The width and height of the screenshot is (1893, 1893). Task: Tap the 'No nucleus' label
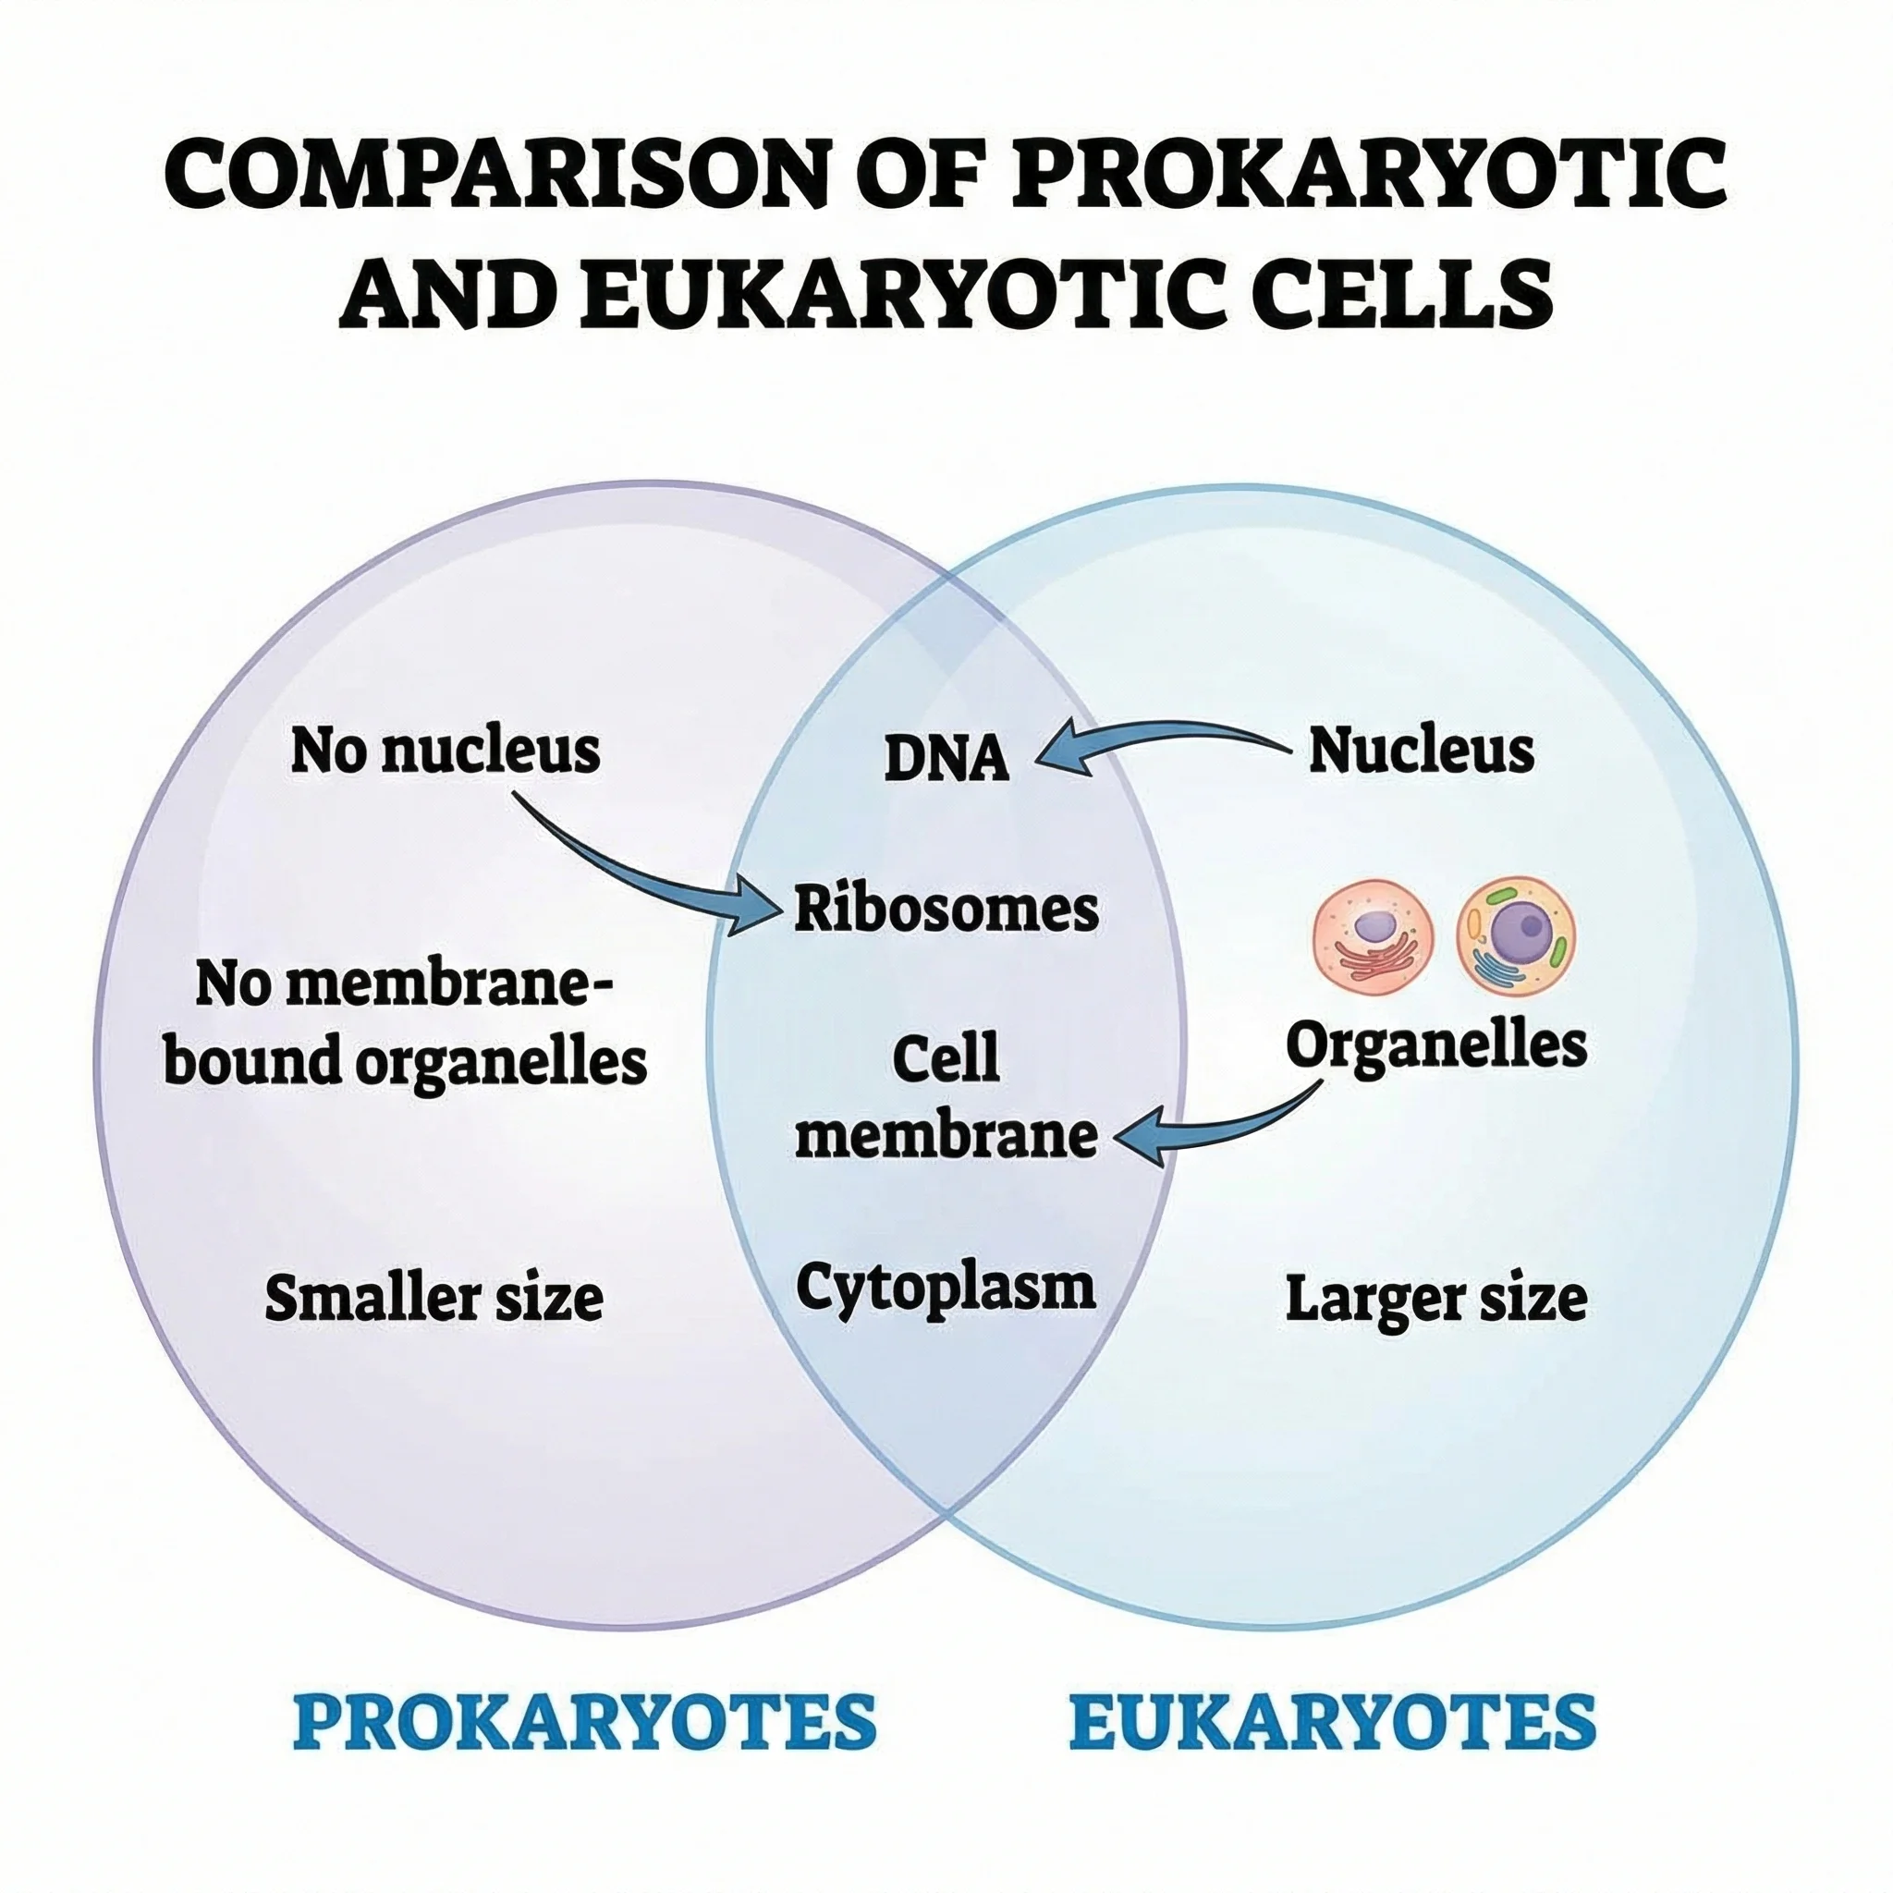(445, 751)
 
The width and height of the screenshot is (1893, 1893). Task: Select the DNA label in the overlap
(946, 760)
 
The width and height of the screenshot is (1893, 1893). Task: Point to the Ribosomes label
(946, 910)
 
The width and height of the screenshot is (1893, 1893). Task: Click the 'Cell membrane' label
(946, 1097)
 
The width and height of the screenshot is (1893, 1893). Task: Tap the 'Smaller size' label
(434, 1300)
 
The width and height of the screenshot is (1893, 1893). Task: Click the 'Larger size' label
(1435, 1300)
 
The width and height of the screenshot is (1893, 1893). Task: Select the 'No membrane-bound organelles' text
(405, 1023)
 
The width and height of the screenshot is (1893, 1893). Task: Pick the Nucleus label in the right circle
(1421, 751)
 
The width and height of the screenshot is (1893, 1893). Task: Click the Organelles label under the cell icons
(1435, 1045)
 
